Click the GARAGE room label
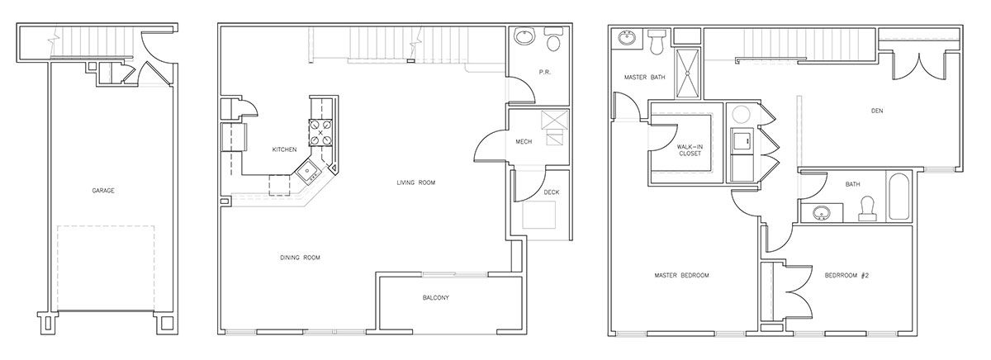103,191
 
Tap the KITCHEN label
284,149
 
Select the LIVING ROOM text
416,182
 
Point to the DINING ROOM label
300,258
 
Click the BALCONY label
436,297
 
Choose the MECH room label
524,141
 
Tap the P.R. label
545,72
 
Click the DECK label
552,192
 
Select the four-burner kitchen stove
320,133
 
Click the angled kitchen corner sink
306,171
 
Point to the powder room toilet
553,39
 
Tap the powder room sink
524,36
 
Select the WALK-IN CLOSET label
690,150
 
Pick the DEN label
877,111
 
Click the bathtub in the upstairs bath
899,197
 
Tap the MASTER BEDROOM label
682,275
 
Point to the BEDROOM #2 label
846,275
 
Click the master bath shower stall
687,73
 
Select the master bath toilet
657,41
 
